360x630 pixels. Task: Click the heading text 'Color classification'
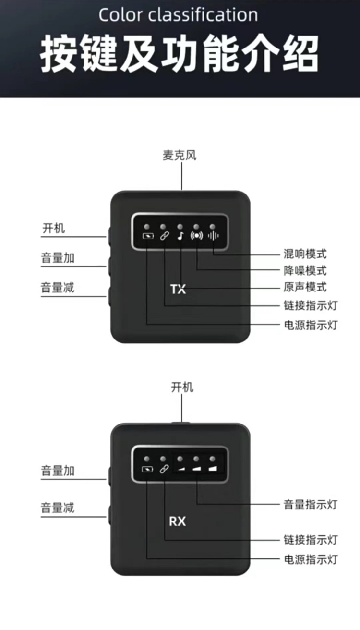point(178,15)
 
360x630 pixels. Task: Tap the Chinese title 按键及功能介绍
point(180,54)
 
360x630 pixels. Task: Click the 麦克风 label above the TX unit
point(180,156)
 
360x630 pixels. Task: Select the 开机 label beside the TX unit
point(53,228)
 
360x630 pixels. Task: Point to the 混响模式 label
point(304,254)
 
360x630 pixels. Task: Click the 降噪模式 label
point(304,270)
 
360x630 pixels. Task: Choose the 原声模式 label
point(304,287)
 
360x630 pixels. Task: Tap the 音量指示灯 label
point(311,504)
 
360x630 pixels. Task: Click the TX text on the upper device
point(178,289)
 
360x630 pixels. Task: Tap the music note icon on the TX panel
point(180,236)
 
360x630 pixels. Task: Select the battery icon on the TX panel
point(147,236)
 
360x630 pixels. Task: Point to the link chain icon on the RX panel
point(164,468)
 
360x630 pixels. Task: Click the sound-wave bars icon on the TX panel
point(213,236)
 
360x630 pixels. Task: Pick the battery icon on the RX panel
point(147,468)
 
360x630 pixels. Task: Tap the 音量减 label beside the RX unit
point(58,508)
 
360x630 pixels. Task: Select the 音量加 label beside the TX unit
point(58,258)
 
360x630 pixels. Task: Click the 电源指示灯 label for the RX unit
point(311,559)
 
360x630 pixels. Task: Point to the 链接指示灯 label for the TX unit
point(311,305)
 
